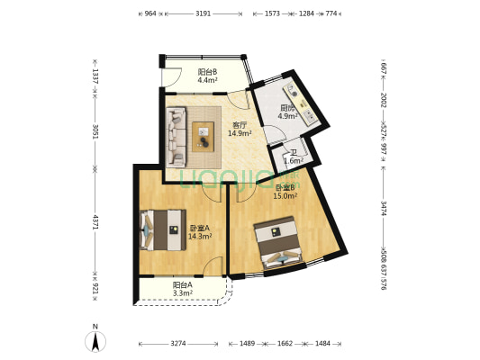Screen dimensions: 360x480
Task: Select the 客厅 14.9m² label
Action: [x=239, y=129]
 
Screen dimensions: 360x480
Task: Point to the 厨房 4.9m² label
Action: [x=286, y=112]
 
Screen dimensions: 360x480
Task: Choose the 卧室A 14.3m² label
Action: [x=199, y=232]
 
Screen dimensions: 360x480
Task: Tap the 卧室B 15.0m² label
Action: [x=285, y=192]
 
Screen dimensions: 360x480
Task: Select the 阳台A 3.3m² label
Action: [x=183, y=289]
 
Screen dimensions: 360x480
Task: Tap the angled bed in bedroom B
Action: [x=281, y=244]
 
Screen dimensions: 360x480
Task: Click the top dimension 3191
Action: [x=204, y=14]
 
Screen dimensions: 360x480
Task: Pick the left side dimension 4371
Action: [x=95, y=221]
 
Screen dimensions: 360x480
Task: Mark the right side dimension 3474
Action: [x=384, y=208]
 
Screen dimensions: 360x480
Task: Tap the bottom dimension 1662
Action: [x=285, y=344]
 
